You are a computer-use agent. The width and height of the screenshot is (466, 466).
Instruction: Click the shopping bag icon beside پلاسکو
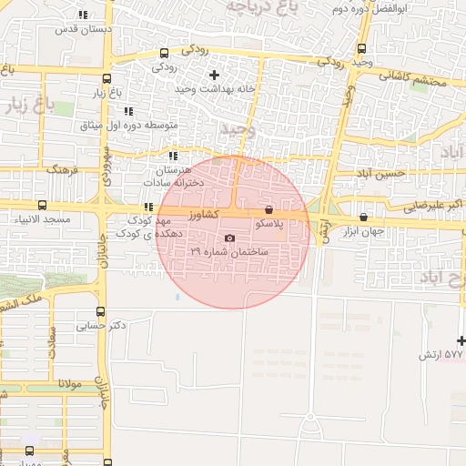tap(267, 209)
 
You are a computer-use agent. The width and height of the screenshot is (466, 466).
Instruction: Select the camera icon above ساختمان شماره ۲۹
tap(229, 238)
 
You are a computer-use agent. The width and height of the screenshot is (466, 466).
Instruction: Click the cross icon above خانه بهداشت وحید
tap(214, 75)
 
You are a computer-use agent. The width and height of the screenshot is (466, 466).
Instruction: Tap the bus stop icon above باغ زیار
tap(107, 79)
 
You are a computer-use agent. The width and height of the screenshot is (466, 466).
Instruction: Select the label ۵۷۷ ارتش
tap(441, 353)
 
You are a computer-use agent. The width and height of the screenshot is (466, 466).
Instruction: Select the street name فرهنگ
tap(64, 170)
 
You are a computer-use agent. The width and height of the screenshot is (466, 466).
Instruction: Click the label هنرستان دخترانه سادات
tap(183, 176)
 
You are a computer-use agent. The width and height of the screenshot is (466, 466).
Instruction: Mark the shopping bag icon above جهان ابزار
tap(365, 217)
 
